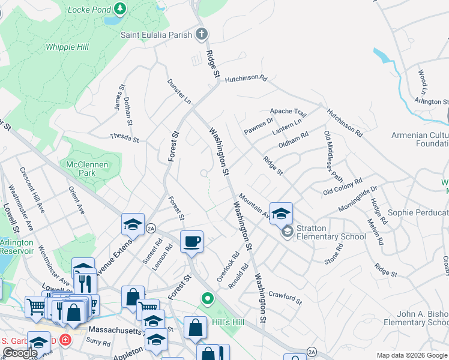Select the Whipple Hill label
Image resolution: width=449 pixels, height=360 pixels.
point(68,47)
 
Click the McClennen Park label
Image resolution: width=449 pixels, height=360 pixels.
point(88,169)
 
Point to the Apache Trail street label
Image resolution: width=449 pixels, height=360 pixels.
point(288,112)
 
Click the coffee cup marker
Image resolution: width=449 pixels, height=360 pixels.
point(191,242)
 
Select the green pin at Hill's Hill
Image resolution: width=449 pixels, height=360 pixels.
point(208,298)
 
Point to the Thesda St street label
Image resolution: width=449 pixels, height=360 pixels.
point(124,138)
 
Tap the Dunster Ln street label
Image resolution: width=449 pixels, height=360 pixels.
point(179,91)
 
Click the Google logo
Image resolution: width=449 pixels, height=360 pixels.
point(20,353)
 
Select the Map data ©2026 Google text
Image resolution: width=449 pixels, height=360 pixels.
point(412,355)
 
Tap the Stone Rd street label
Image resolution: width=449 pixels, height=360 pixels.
point(333,254)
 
